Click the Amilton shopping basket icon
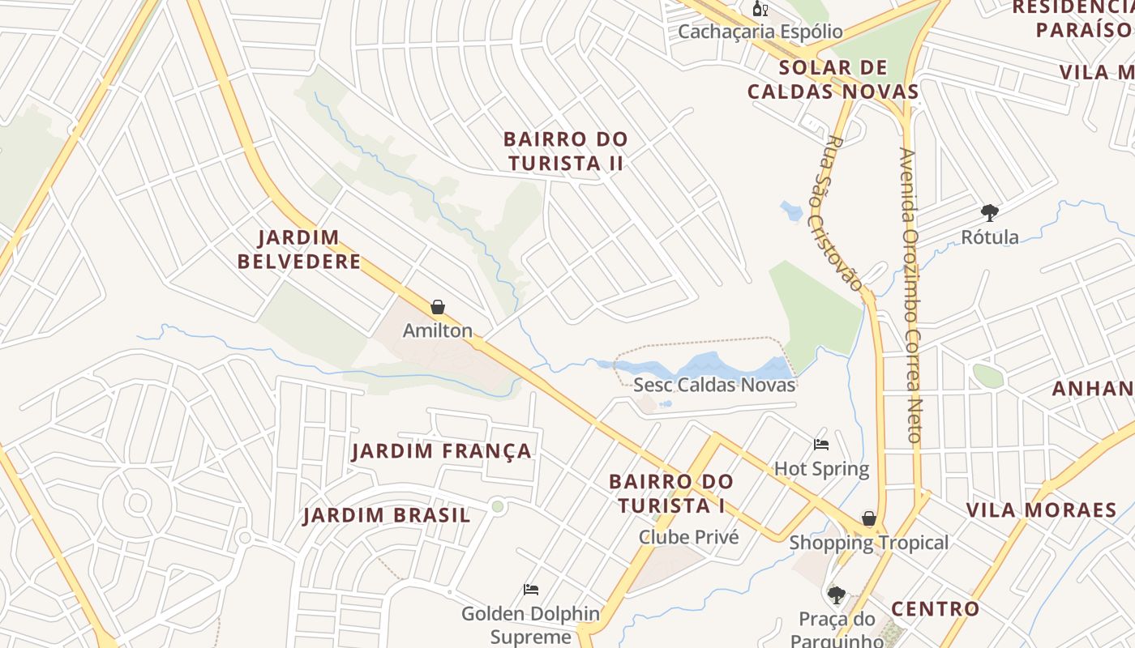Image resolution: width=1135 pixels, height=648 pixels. click(x=438, y=307)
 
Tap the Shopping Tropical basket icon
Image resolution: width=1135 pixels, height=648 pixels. click(x=869, y=518)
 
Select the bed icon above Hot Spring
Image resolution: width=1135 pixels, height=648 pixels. click(x=821, y=445)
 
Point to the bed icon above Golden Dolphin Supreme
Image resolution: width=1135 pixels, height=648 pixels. click(x=531, y=590)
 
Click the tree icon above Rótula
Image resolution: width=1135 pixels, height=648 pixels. click(x=989, y=213)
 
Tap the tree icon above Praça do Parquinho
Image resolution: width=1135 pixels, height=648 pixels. click(x=837, y=595)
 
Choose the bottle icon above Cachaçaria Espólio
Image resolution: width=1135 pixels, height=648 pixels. click(x=760, y=9)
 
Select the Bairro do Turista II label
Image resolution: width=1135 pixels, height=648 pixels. click(x=566, y=151)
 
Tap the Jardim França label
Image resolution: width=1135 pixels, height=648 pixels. click(x=442, y=451)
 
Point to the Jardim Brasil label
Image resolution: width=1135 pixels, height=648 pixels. click(x=387, y=515)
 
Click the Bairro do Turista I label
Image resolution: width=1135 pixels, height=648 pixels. click(x=671, y=493)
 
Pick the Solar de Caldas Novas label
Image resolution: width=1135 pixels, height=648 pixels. click(x=833, y=79)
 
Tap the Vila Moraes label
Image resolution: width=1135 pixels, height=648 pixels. click(x=1041, y=510)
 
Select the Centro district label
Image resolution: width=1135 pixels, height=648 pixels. click(x=936, y=609)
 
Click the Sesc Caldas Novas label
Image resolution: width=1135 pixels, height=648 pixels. click(x=714, y=385)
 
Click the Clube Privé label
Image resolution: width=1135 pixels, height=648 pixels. click(x=688, y=537)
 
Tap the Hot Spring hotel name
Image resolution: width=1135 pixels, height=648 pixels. click(x=821, y=469)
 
